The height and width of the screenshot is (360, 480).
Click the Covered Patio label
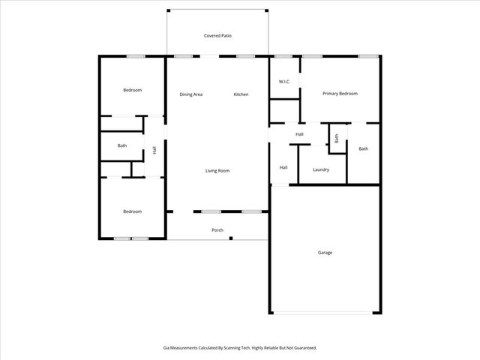217,36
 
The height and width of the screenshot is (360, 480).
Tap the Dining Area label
191,94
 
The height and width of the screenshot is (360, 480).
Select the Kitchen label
241,94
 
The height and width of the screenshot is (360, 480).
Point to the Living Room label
217,171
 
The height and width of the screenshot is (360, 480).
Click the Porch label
217,230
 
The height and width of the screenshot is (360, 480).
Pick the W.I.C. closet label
284,81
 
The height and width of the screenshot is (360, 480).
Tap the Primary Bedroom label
340,94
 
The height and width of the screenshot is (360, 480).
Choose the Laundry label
321,169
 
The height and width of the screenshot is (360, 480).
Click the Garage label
325,253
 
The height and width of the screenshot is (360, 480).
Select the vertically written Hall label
154,150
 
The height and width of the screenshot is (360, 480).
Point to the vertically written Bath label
337,139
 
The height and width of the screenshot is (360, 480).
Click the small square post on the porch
232,238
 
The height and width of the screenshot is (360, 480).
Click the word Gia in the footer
166,348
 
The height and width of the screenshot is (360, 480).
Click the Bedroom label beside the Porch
132,211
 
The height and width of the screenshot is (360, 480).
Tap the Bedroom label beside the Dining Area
132,90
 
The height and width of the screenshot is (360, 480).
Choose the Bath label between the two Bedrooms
121,145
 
